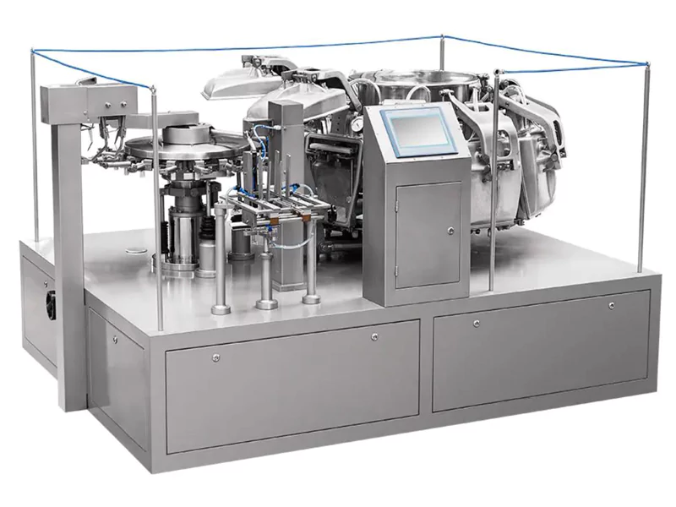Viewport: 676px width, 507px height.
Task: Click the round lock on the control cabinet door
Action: (450, 230)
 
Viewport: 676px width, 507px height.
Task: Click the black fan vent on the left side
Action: (51, 304)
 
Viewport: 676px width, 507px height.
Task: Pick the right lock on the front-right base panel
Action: (611, 303)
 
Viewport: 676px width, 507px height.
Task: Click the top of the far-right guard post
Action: (648, 65)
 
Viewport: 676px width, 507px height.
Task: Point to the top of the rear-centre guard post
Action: (441, 38)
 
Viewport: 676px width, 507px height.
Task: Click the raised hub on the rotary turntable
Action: (188, 134)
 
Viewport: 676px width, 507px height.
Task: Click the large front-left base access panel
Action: (292, 384)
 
